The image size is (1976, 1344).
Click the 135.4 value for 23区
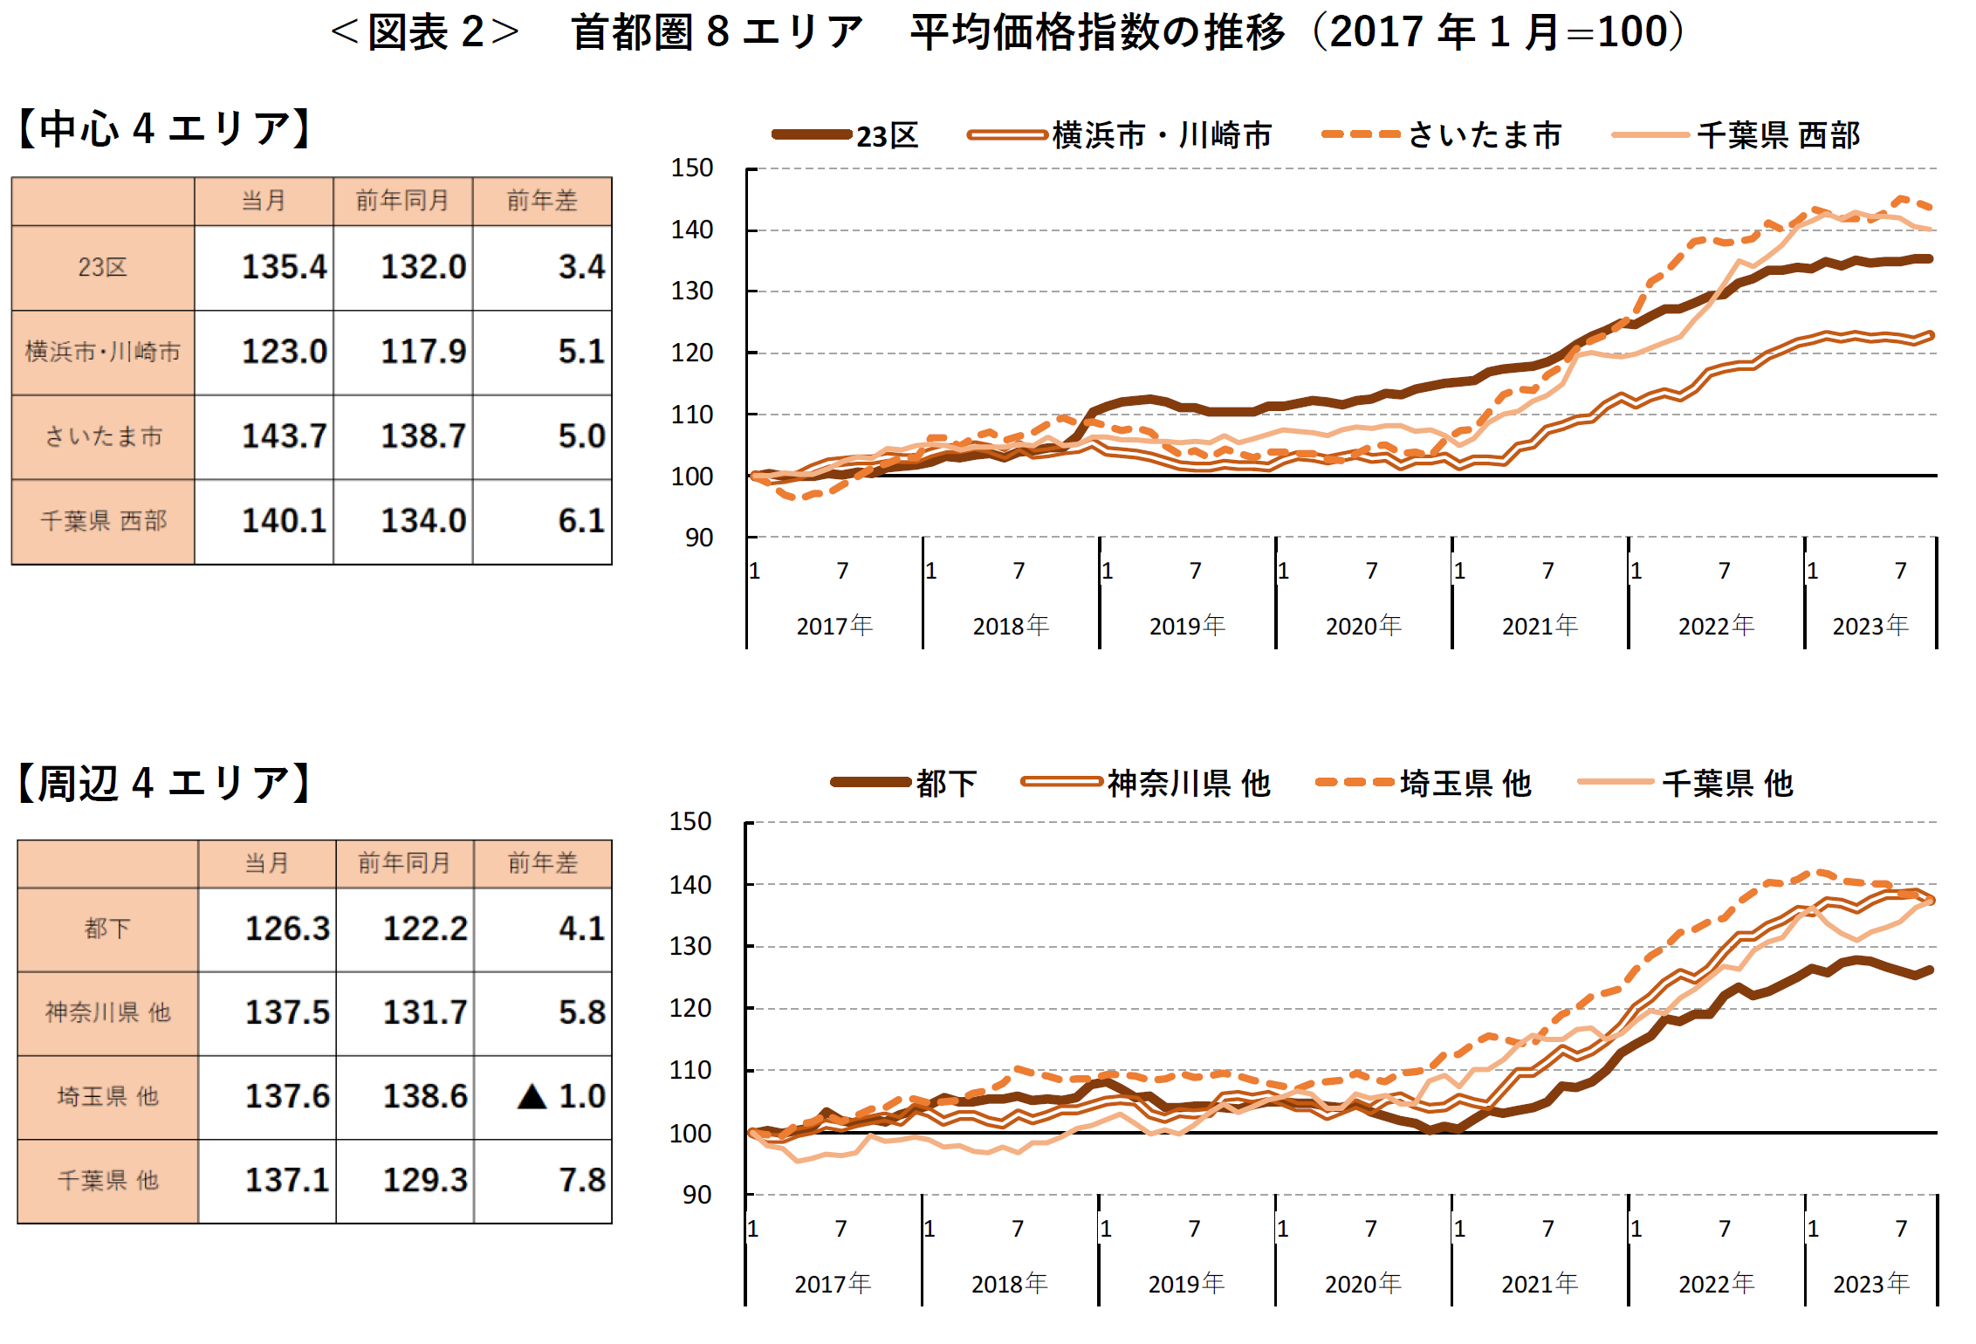284,267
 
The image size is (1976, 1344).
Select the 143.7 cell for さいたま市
284,436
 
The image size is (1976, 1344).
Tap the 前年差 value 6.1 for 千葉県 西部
580,521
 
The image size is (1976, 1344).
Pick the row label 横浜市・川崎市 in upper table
103,352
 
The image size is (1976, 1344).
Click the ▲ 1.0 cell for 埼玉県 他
561,1096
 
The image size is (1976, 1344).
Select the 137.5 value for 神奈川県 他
287,1012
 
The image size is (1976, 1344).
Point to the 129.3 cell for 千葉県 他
425,1180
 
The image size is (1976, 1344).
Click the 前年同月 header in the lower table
404,863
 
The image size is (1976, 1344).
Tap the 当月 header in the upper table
264,201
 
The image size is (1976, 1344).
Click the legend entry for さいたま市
1484,135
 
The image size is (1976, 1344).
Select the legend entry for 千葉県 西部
1777,135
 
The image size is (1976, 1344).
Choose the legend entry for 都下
945,783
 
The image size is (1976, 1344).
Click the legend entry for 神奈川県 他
1188,783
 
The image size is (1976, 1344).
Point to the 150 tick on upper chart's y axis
692,168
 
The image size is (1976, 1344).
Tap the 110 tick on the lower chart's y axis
690,1070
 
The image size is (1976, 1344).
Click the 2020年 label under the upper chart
1363,626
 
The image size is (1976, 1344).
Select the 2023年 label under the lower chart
1870,1284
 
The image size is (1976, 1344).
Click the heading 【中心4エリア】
164,129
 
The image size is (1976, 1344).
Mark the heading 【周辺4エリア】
164,783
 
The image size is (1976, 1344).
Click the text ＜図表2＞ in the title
425,32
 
